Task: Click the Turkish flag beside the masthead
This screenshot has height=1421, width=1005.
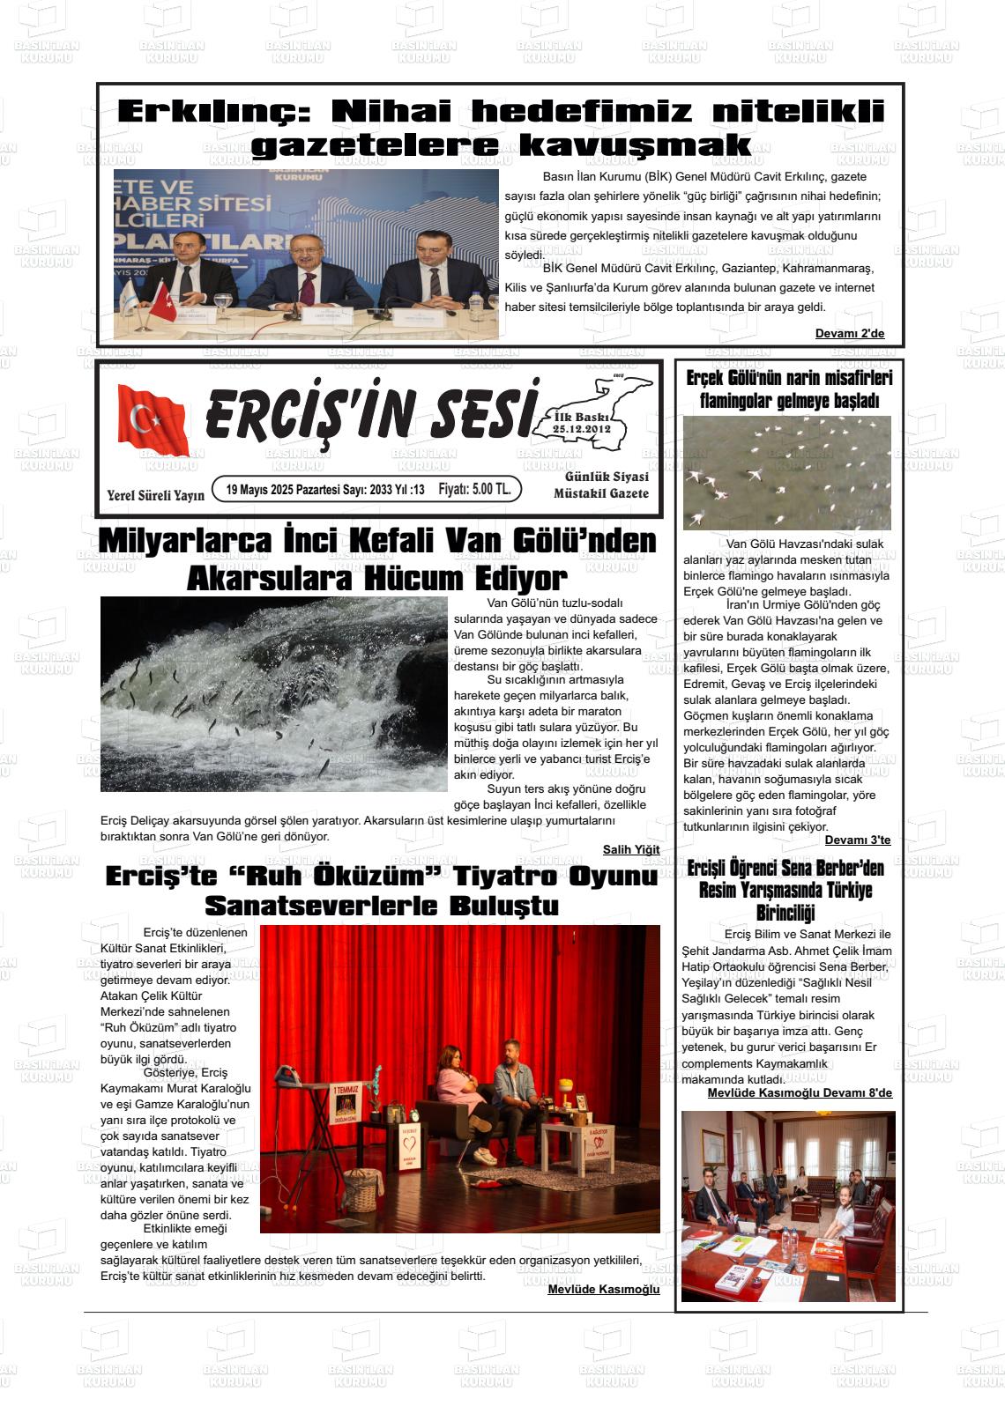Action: (x=152, y=420)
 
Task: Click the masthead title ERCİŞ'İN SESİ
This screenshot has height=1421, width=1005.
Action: (x=371, y=415)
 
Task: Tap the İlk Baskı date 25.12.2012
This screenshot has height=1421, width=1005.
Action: (x=582, y=428)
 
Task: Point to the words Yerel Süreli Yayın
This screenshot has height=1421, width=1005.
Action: (x=155, y=495)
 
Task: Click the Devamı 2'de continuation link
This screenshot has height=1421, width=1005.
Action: (x=849, y=333)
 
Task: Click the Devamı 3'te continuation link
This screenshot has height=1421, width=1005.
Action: (x=857, y=840)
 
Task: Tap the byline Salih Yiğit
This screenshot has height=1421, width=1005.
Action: (x=630, y=849)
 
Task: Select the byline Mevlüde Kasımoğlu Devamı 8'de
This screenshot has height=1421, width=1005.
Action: (x=800, y=1093)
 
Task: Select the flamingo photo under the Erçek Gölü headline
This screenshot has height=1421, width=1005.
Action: (x=786, y=473)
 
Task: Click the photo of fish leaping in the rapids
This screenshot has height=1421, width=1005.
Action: (x=273, y=693)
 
